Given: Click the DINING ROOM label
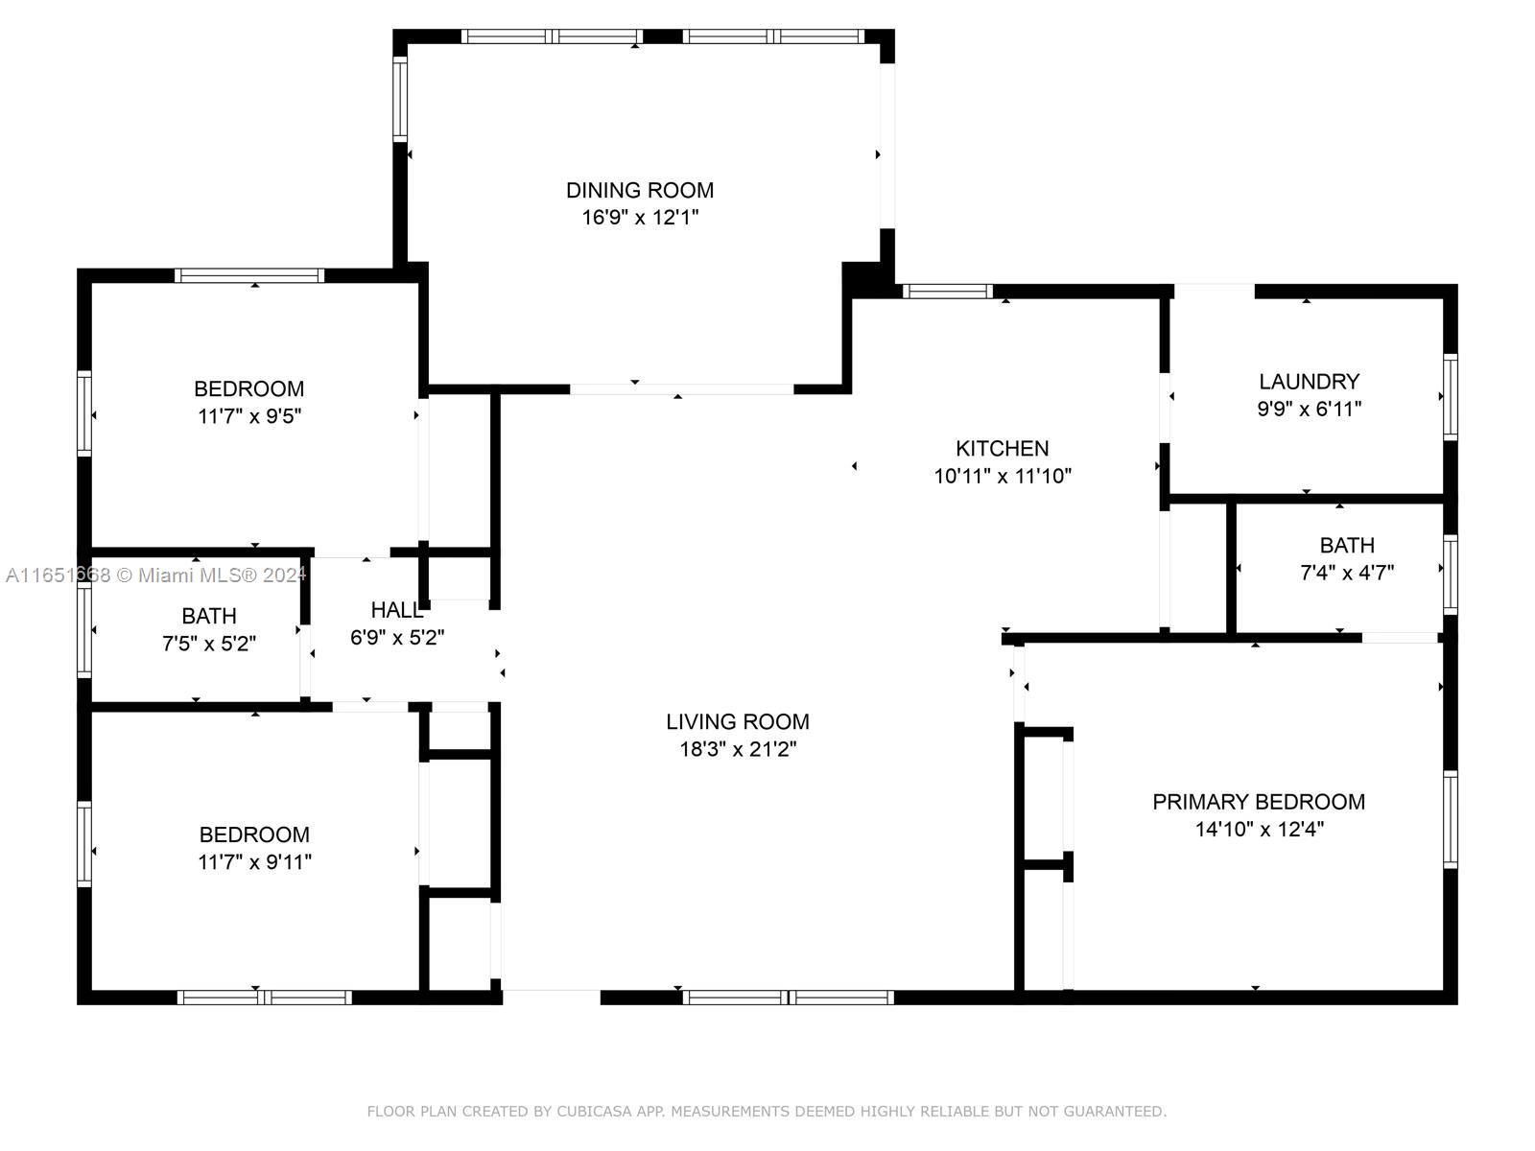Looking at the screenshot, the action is pos(639,190).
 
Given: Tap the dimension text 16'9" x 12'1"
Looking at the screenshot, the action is pos(640,218).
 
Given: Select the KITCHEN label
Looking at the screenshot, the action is pos(1002,448).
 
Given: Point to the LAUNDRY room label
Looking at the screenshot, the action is pos(1309,382).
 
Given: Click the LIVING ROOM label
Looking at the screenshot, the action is pos(737,721).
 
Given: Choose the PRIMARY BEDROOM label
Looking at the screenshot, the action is pos(1258,802).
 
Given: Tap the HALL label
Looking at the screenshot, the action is pos(396,610).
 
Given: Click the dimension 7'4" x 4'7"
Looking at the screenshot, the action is pos(1346,573).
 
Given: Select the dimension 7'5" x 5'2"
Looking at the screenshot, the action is pos(208,643).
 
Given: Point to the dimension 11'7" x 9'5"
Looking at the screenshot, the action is pos(248,416).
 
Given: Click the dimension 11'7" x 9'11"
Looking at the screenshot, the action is pos(254,861).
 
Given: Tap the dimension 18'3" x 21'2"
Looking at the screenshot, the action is pos(738,749).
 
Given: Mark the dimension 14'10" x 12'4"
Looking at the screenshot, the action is pos(1259,829).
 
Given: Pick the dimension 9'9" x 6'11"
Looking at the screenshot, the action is pos(1310,409).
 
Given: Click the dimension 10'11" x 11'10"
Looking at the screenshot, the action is pos(1003,476).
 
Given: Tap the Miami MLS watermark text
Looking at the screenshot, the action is pos(155,575).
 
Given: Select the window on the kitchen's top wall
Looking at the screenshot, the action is pos(948,292).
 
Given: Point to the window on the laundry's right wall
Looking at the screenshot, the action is pos(1451,397).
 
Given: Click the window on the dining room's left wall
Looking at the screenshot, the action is pos(400,99).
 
